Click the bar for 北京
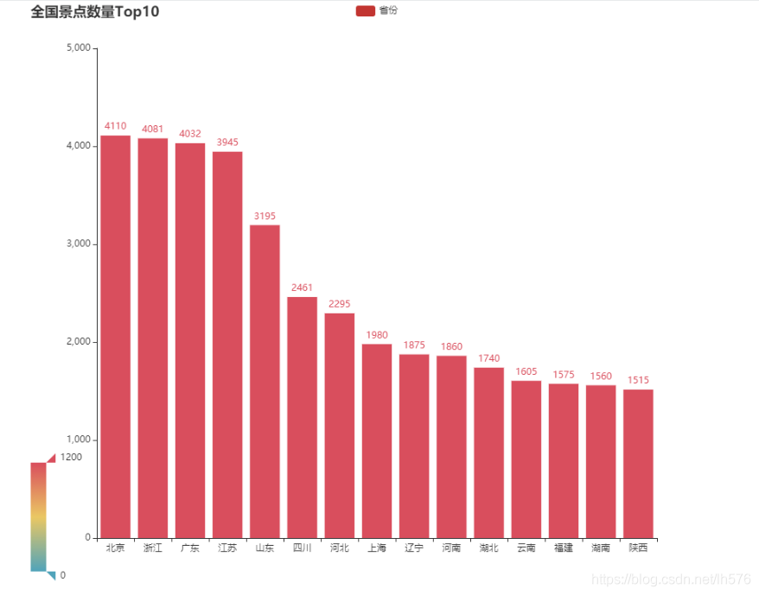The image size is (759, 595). coord(115,337)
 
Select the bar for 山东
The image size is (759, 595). coord(265,381)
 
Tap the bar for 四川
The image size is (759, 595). coord(302,417)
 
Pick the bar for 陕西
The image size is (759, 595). coord(638,464)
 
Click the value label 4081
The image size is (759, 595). coord(152,129)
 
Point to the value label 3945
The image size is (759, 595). coord(227,142)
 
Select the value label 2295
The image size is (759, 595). coord(340,304)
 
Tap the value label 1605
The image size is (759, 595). coord(526,371)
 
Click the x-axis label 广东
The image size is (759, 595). coord(190,548)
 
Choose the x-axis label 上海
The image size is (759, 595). coord(377,548)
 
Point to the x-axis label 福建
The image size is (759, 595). coord(564,548)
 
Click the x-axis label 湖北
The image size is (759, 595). coord(489,548)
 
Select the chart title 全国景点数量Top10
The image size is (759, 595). coord(95,11)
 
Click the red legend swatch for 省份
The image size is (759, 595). coord(366,10)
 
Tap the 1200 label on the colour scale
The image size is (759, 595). coord(71,457)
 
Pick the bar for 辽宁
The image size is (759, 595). coord(414,446)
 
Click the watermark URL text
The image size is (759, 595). coord(671,579)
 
